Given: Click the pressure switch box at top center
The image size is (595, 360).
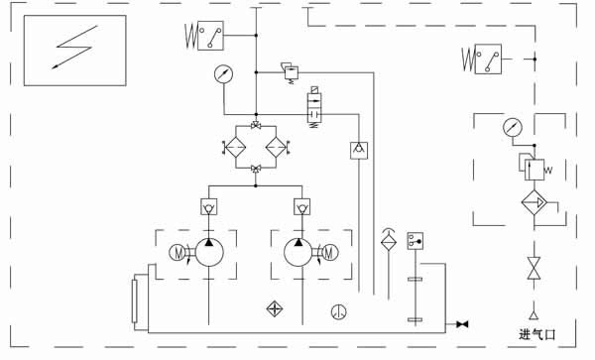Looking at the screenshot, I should click(209, 35).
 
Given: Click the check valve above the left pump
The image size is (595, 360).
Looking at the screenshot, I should click(209, 207).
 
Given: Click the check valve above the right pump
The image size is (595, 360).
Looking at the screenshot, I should click(300, 207).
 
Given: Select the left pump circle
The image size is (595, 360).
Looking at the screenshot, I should click(209, 252).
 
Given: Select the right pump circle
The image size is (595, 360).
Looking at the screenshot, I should click(299, 252).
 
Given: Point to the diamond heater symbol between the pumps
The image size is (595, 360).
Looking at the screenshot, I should click(275, 308).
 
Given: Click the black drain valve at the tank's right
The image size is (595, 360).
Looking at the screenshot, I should click(462, 324).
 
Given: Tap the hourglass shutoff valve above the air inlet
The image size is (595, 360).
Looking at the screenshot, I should click(535, 268).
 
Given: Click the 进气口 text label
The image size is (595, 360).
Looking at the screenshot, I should click(540, 334).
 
